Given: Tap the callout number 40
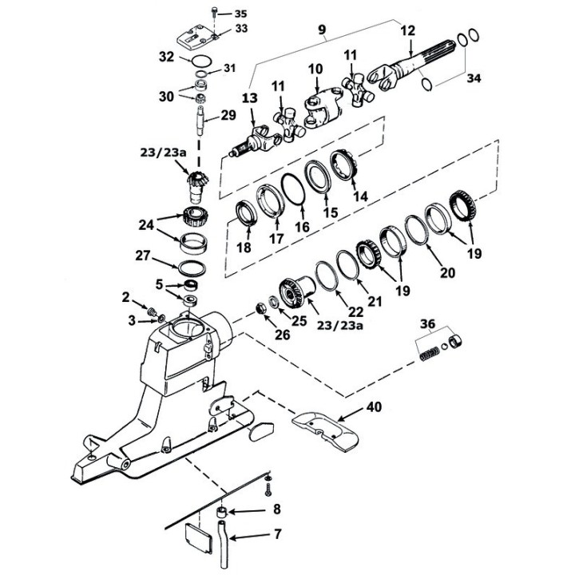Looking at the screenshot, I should pos(374,406).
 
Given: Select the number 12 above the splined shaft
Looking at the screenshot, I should pos(408,30).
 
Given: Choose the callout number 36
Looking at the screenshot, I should pos(429,323).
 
